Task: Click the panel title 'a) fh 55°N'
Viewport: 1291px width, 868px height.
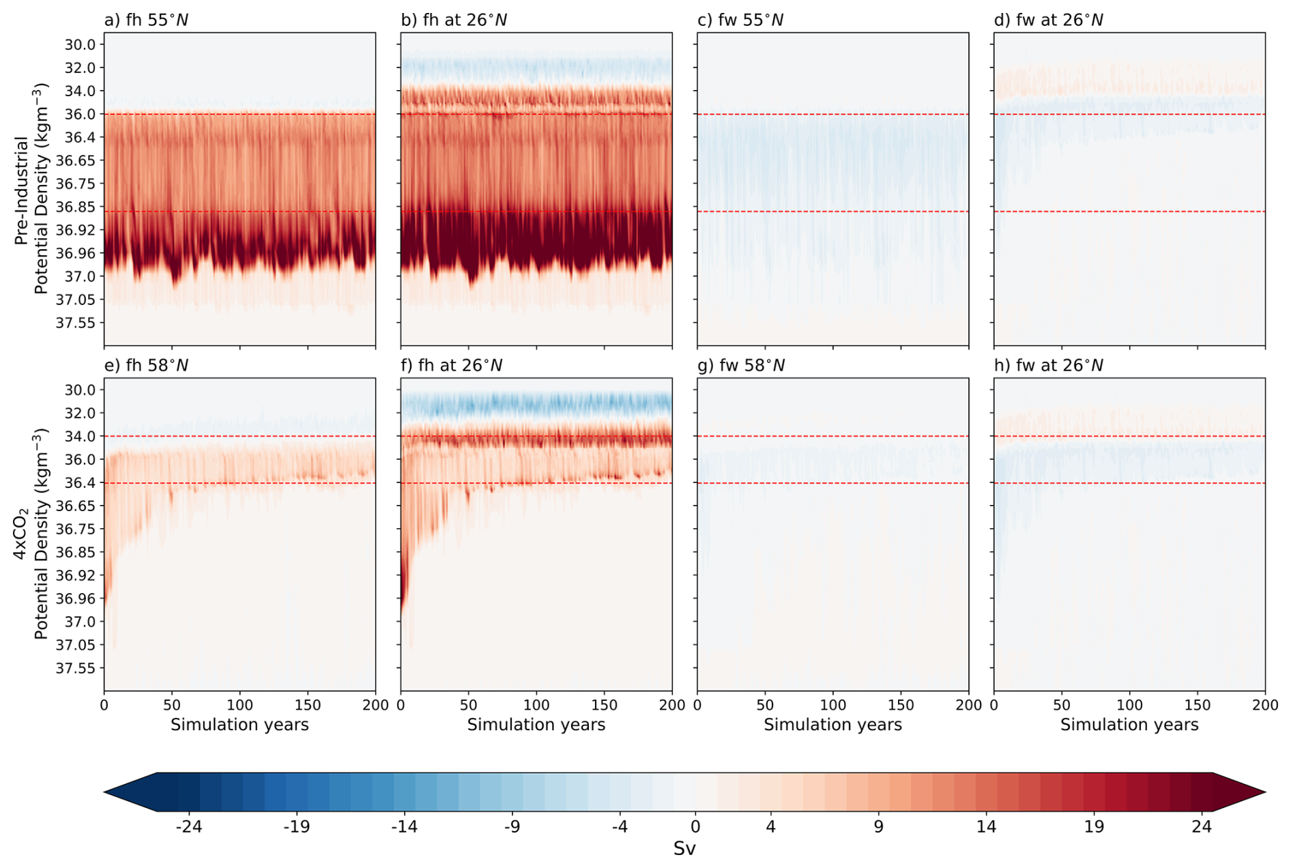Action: click(x=146, y=20)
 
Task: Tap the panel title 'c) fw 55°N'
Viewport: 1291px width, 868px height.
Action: click(x=740, y=20)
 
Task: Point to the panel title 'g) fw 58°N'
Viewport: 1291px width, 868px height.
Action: click(x=741, y=366)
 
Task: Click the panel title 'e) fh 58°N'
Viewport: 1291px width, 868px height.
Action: click(x=146, y=366)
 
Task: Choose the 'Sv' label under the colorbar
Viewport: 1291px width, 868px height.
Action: click(x=684, y=848)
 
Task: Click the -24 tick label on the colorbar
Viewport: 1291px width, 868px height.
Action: click(x=188, y=827)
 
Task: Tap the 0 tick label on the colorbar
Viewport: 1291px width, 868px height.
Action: click(x=695, y=827)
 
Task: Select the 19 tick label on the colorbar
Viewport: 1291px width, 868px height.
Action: click(x=1094, y=827)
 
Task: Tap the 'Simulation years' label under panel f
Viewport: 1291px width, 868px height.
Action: click(x=536, y=725)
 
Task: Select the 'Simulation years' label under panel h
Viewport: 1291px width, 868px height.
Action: click(x=1129, y=725)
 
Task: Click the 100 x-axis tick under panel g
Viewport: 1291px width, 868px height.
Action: click(x=832, y=705)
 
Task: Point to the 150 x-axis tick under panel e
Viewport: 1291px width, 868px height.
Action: click(x=308, y=705)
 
